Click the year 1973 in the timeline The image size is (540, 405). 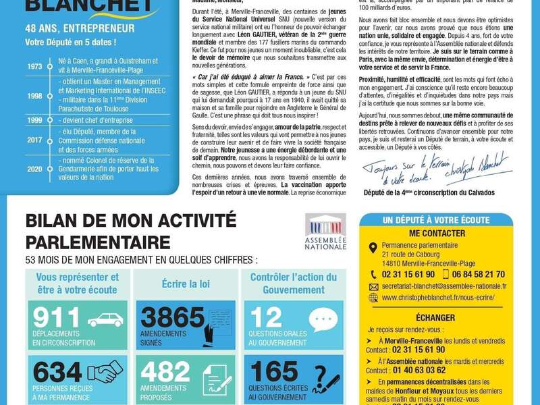pos(34,67)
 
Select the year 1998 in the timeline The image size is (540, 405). pos(34,96)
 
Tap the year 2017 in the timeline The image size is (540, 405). pos(34,140)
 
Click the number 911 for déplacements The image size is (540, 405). pos(57,318)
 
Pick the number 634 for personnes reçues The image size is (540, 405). pos(57,372)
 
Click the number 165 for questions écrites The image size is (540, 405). pos(273,372)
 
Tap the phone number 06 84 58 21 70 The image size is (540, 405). pos(477,274)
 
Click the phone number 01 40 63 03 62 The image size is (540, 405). pos(414,370)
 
